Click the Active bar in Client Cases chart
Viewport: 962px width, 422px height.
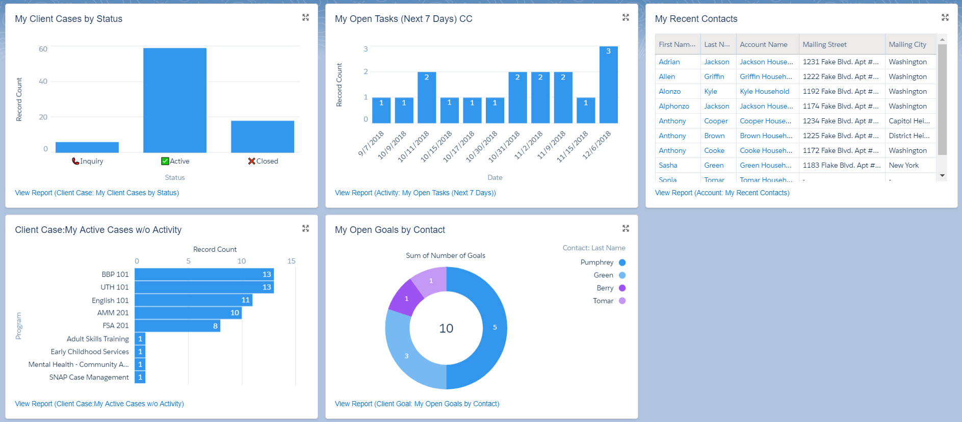[x=174, y=100]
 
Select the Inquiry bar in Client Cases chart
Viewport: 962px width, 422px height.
[x=87, y=147]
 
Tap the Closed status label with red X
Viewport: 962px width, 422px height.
[x=263, y=161]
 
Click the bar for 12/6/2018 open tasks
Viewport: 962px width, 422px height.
[x=608, y=85]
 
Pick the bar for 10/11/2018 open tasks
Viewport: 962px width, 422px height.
[x=427, y=97]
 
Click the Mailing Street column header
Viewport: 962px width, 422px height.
[x=824, y=44]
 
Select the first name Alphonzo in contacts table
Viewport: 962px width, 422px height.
[x=673, y=106]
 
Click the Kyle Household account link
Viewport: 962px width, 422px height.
[x=764, y=91]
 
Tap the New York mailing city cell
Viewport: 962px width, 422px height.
[x=903, y=165]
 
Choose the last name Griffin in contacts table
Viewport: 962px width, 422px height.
[x=714, y=76]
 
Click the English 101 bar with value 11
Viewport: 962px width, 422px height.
[x=193, y=300]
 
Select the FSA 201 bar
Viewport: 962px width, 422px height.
[x=177, y=326]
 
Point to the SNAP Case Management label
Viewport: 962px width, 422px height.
[x=89, y=377]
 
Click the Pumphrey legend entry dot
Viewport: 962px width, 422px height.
[x=622, y=262]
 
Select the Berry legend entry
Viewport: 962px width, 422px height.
[x=605, y=288]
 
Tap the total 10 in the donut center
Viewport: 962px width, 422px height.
[x=446, y=329]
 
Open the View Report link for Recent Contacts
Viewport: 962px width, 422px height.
[x=722, y=193]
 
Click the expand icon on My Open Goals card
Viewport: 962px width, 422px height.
[x=626, y=228]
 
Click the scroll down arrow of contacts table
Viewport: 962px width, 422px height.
[x=942, y=175]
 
